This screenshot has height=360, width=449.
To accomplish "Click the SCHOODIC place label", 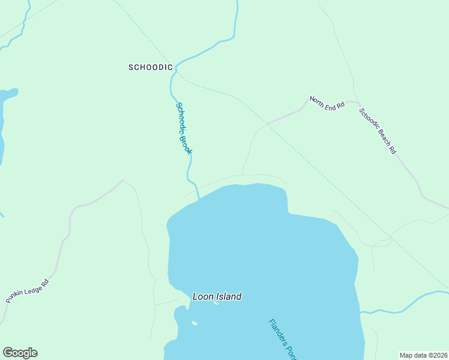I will [x=151, y=67].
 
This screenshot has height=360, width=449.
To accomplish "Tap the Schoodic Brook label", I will [x=184, y=128].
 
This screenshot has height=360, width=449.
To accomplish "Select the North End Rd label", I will [x=327, y=102].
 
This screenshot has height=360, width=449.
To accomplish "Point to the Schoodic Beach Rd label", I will [x=378, y=131].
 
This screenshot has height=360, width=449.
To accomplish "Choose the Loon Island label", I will [x=217, y=296].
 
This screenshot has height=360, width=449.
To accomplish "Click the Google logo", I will [x=20, y=353].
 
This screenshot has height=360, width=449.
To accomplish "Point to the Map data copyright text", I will [x=424, y=355].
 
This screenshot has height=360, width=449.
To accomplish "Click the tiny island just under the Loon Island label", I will [x=216, y=302].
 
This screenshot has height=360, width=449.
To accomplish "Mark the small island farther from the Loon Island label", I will [x=194, y=323].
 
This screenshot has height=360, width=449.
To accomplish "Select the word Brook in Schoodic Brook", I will [x=187, y=142].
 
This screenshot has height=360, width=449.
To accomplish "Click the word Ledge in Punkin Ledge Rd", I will [x=31, y=287].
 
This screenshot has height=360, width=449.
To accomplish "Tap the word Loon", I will [x=202, y=296].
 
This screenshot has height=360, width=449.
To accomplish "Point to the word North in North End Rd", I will [x=318, y=98].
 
